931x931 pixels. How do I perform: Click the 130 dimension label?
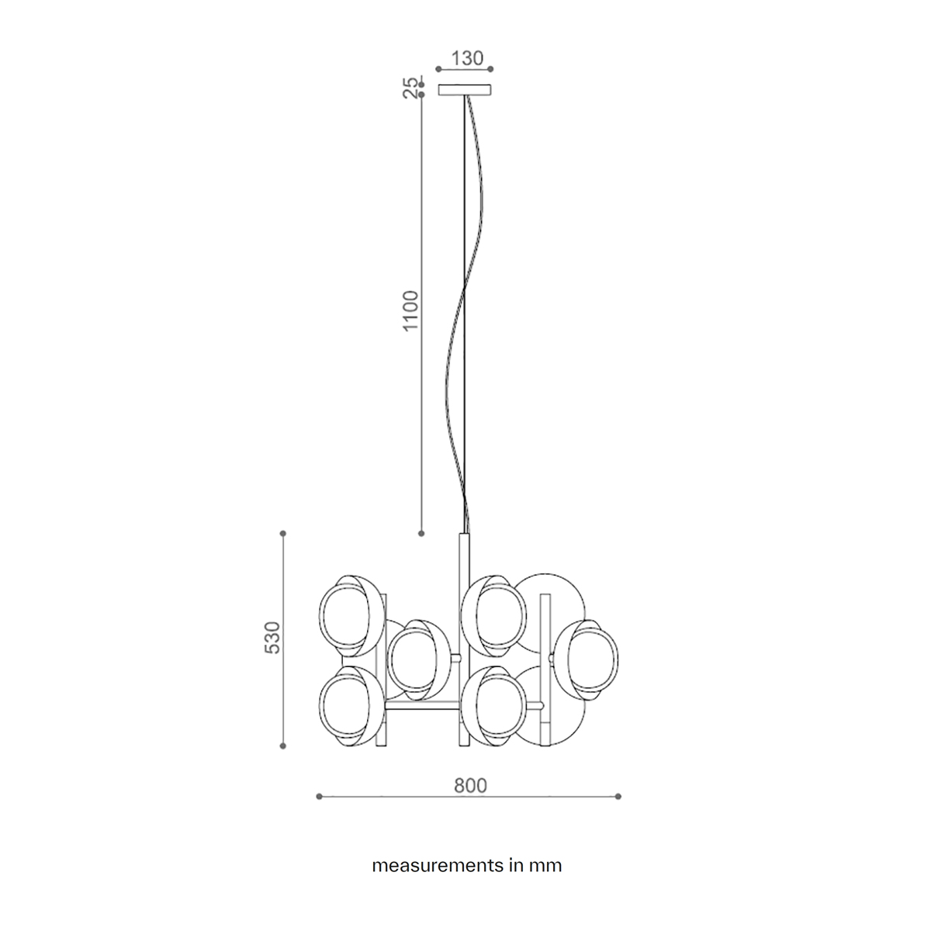(467, 58)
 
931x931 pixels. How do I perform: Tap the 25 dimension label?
(410, 88)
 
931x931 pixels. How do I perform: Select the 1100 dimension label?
(410, 310)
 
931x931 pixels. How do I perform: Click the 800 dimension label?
(470, 786)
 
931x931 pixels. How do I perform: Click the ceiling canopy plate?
(465, 90)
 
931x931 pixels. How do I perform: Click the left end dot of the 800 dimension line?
(319, 797)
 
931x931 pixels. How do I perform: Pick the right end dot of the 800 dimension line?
(618, 797)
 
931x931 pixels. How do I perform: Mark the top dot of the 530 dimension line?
(283, 533)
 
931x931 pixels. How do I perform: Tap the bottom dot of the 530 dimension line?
(283, 746)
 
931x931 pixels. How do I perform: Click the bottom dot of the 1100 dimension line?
(421, 533)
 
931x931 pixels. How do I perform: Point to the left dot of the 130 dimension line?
(438, 69)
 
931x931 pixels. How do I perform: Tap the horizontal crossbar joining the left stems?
(422, 706)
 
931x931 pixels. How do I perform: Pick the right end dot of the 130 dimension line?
(491, 69)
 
